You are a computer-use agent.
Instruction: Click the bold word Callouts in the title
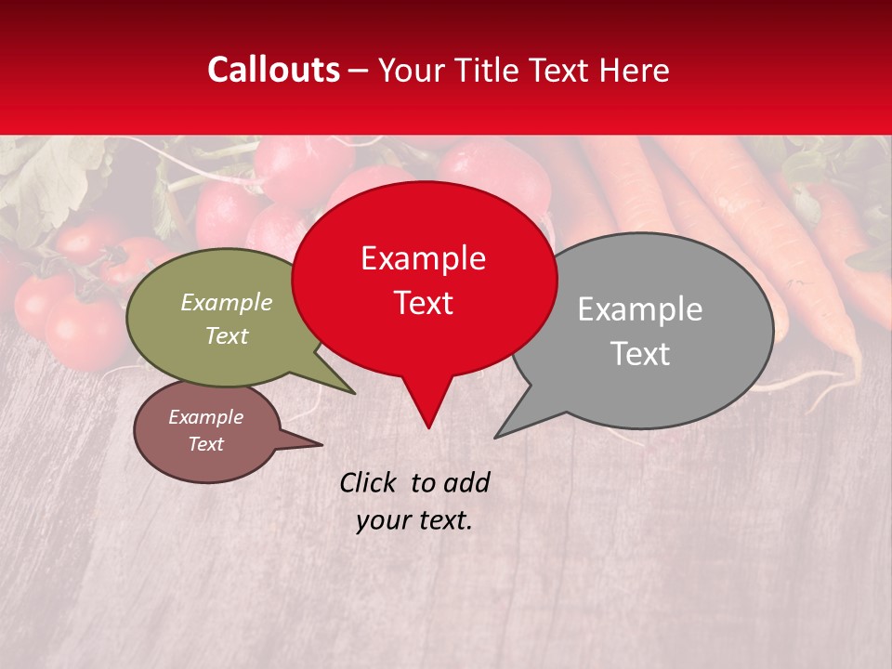point(273,70)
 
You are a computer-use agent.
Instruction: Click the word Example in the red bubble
point(423,259)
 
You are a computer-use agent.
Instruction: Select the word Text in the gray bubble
point(640,354)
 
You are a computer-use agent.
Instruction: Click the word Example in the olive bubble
point(227,303)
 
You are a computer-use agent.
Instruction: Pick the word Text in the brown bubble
point(206,444)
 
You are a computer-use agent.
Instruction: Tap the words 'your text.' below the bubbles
point(414,520)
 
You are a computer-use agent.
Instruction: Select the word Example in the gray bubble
point(640,309)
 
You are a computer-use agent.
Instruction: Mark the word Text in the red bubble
point(424,303)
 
